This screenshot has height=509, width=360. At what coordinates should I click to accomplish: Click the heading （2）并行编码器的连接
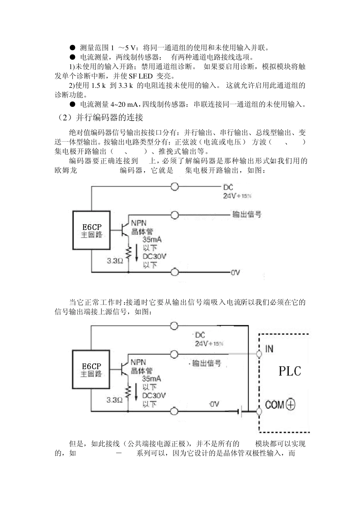tap(99, 118)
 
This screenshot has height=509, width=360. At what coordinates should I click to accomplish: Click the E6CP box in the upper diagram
tap(92, 231)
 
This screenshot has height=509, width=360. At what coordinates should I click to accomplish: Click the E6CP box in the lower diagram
tap(91, 370)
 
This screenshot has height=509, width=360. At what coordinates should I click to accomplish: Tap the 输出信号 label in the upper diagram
tap(247, 214)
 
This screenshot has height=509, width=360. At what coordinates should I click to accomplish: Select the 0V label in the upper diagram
tap(235, 272)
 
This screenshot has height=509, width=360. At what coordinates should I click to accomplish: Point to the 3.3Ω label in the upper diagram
tap(114, 261)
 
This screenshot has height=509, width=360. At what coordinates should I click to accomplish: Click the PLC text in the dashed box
tap(290, 371)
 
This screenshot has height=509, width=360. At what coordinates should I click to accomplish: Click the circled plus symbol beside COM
tap(290, 404)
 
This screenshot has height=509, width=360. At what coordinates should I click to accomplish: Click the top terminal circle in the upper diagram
tap(174, 187)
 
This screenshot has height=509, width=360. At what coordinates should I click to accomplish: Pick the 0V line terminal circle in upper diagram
tap(174, 272)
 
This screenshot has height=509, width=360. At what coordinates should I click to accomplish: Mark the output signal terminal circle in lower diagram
tap(174, 354)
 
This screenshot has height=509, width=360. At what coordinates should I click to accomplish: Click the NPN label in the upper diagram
tap(139, 223)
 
